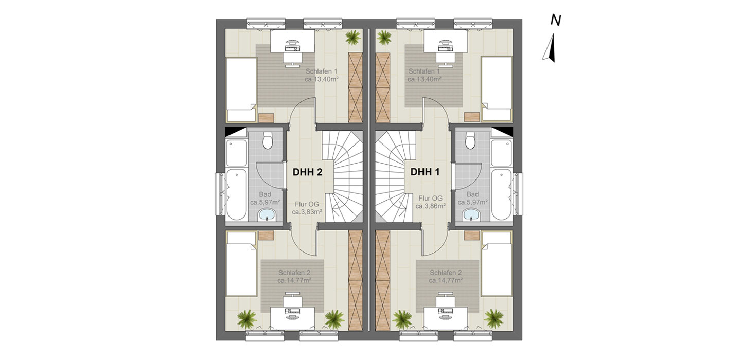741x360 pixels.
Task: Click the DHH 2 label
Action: pos(307,172)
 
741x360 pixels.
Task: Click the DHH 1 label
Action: pos(425,172)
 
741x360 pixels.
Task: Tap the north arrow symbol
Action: pos(549,48)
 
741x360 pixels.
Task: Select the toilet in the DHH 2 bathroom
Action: pos(267,141)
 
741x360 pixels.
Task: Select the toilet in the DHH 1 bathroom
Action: pos(470,141)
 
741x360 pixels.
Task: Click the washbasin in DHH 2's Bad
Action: pos(267,215)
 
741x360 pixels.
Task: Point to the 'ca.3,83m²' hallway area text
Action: pos(307,212)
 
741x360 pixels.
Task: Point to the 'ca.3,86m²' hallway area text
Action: pos(430,206)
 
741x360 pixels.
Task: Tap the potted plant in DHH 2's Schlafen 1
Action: pos(354,37)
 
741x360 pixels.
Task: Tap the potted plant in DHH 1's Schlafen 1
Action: pos(384,38)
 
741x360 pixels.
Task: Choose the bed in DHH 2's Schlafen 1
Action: pos(241,89)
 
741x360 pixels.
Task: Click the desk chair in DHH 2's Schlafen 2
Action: pos(292,301)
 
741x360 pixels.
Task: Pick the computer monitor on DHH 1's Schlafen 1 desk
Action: pos(445,43)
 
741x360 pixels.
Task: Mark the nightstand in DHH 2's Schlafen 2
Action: pos(266,236)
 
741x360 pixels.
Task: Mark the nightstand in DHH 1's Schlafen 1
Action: pos(472,117)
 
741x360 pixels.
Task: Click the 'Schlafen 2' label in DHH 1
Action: pos(446,273)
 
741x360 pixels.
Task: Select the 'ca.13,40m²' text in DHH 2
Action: pos(321,79)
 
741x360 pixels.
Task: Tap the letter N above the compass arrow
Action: pos(556,21)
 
